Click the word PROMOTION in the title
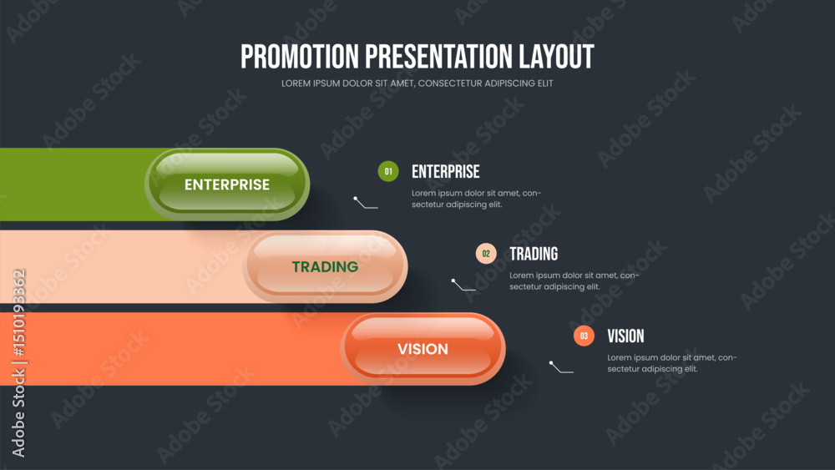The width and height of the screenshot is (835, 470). pyautogui.click(x=300, y=57)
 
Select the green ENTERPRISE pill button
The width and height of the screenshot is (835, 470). pyautogui.click(x=227, y=184)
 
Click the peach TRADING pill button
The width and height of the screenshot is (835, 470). pyautogui.click(x=325, y=266)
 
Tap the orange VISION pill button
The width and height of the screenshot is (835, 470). pyautogui.click(x=423, y=349)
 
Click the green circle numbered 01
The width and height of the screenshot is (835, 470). pyautogui.click(x=388, y=171)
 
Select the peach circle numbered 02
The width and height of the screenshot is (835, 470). pyautogui.click(x=486, y=253)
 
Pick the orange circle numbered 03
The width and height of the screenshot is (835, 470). pyautogui.click(x=584, y=336)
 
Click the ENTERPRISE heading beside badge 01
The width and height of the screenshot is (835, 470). pyautogui.click(x=446, y=171)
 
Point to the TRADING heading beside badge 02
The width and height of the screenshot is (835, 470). pyautogui.click(x=534, y=254)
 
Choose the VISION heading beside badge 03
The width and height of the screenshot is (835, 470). pyautogui.click(x=625, y=336)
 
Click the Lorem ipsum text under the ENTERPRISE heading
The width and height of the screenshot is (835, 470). pyautogui.click(x=476, y=199)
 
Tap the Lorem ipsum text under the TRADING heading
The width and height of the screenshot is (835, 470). pyautogui.click(x=574, y=281)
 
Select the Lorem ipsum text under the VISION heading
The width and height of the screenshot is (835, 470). pyautogui.click(x=672, y=363)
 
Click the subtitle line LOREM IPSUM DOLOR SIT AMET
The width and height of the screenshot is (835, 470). pyautogui.click(x=417, y=83)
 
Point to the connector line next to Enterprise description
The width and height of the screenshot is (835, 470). pyautogui.click(x=365, y=205)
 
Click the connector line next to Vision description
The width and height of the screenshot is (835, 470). pyautogui.click(x=560, y=369)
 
